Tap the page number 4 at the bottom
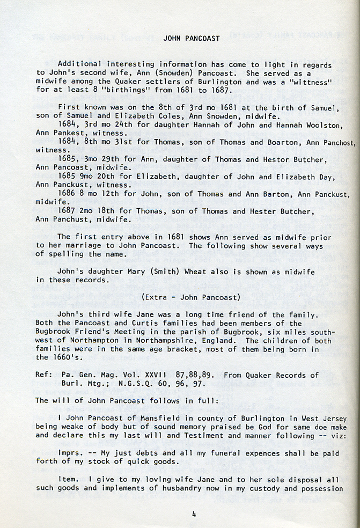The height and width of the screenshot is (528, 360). (194, 515)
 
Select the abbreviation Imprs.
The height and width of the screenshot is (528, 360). (70, 453)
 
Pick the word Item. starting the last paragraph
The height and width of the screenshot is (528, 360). (68, 479)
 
